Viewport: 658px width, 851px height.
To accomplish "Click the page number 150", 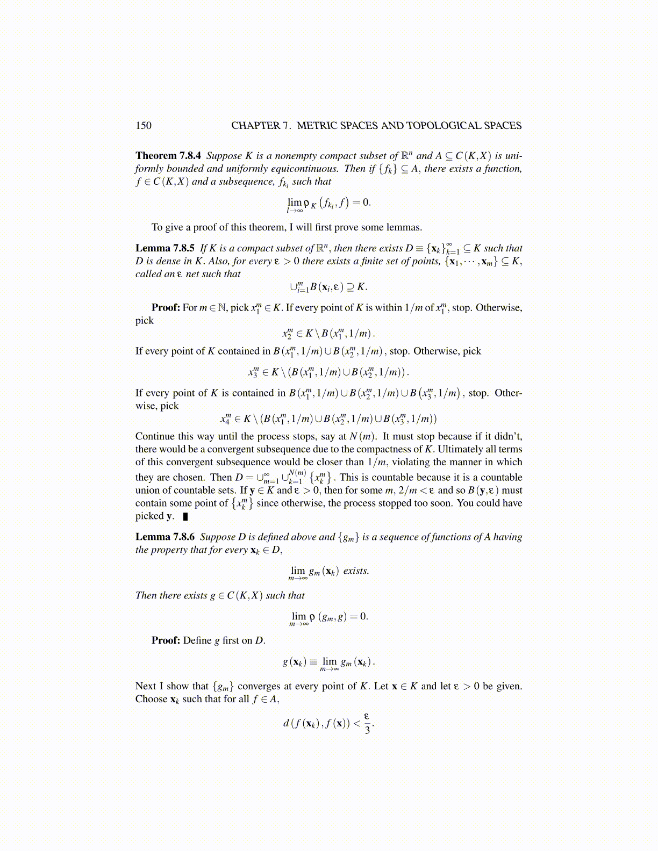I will pyautogui.click(x=144, y=126).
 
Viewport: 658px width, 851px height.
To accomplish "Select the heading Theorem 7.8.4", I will pyautogui.click(x=168, y=156).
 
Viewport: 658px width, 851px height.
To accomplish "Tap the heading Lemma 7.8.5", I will pyautogui.click(x=165, y=248).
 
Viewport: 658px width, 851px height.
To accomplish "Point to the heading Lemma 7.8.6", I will pyautogui.click(x=165, y=537).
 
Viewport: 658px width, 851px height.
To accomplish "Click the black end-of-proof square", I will pyautogui.click(x=185, y=517).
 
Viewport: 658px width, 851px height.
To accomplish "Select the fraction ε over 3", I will pyautogui.click(x=367, y=723).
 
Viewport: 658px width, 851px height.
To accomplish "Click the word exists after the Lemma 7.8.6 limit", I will pyautogui.click(x=356, y=571).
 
